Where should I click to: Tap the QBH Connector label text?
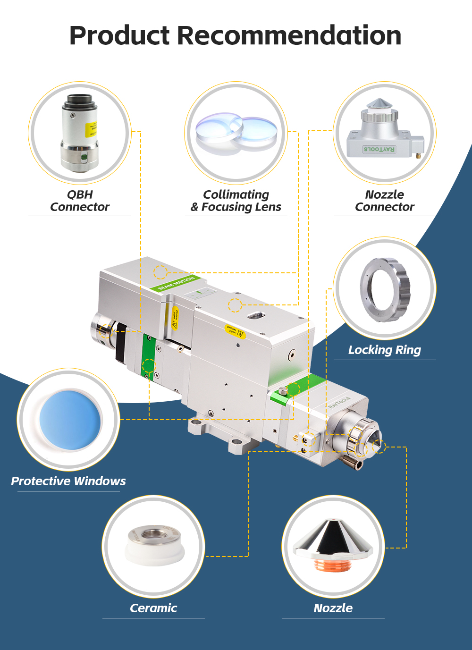(80, 201)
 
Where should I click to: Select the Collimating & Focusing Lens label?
(236, 201)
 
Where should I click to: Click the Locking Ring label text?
(384, 350)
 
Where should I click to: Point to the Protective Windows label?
(68, 481)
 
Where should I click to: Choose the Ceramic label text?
(153, 608)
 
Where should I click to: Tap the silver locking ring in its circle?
(385, 289)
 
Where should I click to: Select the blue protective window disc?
(70, 419)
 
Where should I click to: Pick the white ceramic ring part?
(154, 548)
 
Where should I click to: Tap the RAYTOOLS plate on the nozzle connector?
(379, 149)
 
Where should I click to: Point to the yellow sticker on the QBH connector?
(91, 128)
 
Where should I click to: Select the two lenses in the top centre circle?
(236, 133)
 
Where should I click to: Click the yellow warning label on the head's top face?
(235, 332)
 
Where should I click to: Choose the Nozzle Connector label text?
(384, 201)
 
